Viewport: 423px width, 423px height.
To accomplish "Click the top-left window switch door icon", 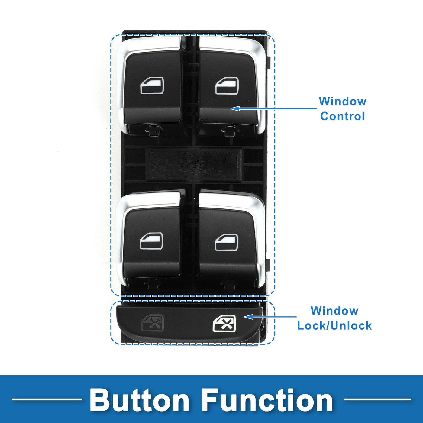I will pyautogui.click(x=152, y=86).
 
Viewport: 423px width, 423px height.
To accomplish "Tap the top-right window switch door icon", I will pyautogui.click(x=227, y=86).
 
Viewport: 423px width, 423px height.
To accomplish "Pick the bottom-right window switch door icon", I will pyautogui.click(x=226, y=242).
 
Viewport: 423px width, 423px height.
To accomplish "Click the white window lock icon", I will pyautogui.click(x=224, y=324).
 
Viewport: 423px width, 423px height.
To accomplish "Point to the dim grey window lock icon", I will pyautogui.click(x=153, y=322).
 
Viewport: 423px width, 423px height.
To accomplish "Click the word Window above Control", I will pyautogui.click(x=342, y=102).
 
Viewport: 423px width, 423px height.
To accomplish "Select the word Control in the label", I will pyautogui.click(x=342, y=116).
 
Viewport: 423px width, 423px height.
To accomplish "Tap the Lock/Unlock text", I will pyautogui.click(x=334, y=326).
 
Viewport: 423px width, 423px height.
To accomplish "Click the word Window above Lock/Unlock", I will pyautogui.click(x=334, y=311).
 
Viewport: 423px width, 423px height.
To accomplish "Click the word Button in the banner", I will pyautogui.click(x=139, y=400).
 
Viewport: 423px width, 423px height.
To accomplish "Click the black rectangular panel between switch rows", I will pyautogui.click(x=194, y=165).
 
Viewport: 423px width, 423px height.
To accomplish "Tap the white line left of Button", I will pyautogui.click(x=47, y=399).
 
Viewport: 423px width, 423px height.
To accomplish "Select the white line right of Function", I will pyautogui.click(x=377, y=399).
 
